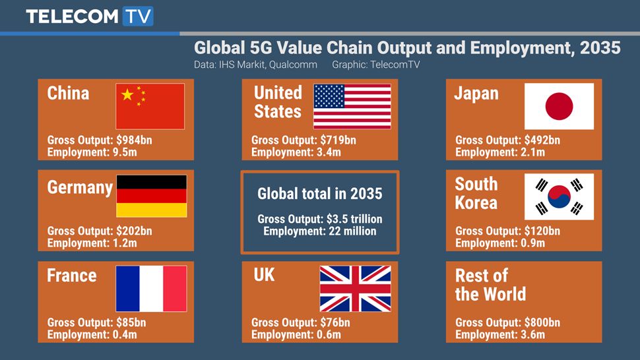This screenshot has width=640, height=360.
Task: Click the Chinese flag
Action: click(x=150, y=106)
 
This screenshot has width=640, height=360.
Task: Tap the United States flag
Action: click(x=352, y=106)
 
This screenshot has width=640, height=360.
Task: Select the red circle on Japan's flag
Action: click(x=560, y=106)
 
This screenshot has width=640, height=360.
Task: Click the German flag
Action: click(x=152, y=196)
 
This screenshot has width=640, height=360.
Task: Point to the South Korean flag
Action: click(x=560, y=197)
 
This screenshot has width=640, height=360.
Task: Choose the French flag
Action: click(x=151, y=289)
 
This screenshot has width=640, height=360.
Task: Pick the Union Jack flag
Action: click(x=355, y=289)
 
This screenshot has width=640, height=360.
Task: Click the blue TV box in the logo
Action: click(x=138, y=16)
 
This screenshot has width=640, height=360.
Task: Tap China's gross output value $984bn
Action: click(x=134, y=140)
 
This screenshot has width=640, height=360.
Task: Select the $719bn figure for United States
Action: click(x=338, y=140)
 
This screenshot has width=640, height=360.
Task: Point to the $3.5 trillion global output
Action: click(x=354, y=219)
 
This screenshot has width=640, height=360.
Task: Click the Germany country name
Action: click(x=80, y=188)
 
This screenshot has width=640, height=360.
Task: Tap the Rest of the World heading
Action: click(x=490, y=285)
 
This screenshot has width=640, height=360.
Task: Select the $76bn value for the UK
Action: click(x=335, y=322)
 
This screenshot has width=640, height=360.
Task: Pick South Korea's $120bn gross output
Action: click(x=542, y=231)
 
